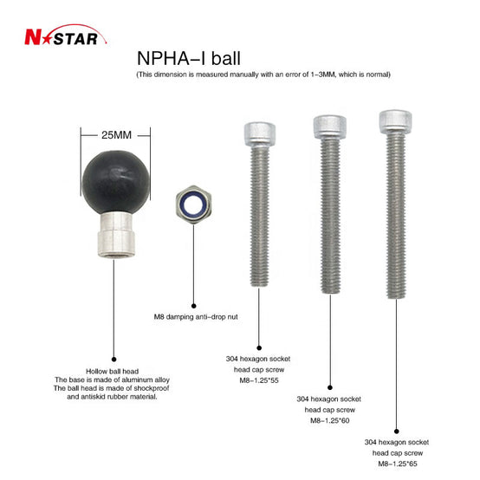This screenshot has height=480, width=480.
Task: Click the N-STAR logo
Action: tap(66, 35)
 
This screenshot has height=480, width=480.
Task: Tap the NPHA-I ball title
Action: tap(189, 58)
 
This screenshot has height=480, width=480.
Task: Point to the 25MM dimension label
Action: tap(116, 135)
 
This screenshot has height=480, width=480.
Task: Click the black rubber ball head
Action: tap(116, 182)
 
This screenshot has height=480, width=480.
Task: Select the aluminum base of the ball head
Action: tap(116, 235)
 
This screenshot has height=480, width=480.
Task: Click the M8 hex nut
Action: tap(193, 204)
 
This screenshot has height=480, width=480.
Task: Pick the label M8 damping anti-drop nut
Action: tap(196, 317)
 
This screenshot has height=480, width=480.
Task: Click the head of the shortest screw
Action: tap(260, 134)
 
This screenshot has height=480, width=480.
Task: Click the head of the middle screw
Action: tap(330, 126)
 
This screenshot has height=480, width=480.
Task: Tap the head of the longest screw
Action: tap(395, 121)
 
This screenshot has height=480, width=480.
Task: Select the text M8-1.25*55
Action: tap(259, 380)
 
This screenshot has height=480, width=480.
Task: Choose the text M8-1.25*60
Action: tap(330, 420)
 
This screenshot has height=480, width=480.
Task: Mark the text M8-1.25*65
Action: tap(398, 464)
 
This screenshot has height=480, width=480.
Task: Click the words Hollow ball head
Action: tap(113, 372)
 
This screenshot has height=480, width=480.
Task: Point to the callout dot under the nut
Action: tap(193, 306)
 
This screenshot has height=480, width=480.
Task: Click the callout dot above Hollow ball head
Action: tap(114, 359)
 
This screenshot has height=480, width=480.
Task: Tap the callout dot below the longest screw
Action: tap(397, 431)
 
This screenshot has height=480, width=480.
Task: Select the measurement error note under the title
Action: tap(263, 75)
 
